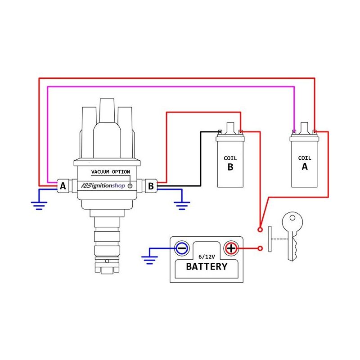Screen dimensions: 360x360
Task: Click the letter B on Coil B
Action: [x=230, y=167]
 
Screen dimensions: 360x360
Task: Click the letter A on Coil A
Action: [x=305, y=166]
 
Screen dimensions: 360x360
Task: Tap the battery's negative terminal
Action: [x=182, y=248]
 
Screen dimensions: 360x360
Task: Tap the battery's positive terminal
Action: [x=231, y=248]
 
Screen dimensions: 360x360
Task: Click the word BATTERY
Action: [x=207, y=266]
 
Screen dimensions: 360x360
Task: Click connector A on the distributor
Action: [x=63, y=185]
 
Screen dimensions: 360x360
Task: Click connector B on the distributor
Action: [x=151, y=185]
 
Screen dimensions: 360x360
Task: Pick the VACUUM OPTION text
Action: [x=110, y=172]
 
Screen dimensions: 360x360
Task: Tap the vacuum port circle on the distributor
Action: [x=130, y=186]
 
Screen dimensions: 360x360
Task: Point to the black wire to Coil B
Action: [x=200, y=157]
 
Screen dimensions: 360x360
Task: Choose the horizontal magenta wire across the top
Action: [x=171, y=87]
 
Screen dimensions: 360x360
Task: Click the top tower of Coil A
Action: [x=305, y=127]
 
